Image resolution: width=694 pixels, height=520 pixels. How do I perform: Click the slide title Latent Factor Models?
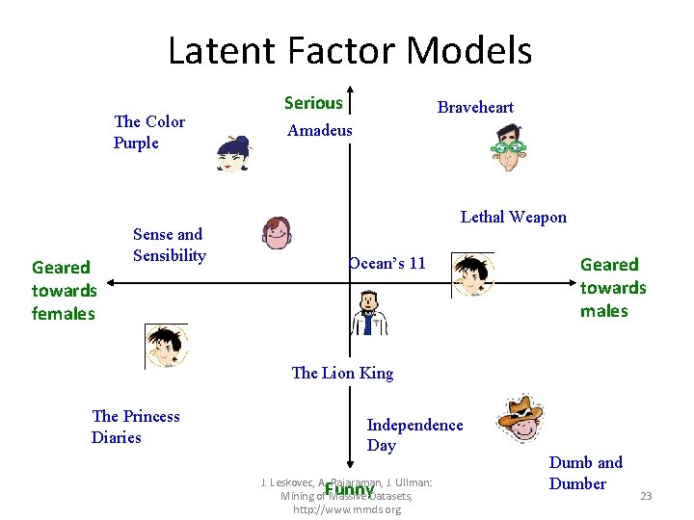pos(349,50)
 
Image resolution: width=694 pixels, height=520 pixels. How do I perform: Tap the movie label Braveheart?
pos(475,107)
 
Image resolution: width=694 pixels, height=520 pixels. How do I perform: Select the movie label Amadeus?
pos(320,130)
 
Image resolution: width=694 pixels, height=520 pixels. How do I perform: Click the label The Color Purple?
pos(148,132)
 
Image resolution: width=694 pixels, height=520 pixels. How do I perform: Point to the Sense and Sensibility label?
pos(169,245)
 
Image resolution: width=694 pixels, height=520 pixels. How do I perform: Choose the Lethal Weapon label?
pos(513,217)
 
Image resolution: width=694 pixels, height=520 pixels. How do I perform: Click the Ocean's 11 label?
pos(387,263)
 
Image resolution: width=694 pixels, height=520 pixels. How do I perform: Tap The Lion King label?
pos(342,373)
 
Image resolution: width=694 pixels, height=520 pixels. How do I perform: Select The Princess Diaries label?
pos(135,427)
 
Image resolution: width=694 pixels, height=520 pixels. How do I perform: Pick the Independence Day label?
pos(414,434)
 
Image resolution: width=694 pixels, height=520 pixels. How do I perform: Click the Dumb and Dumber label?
pos(586,473)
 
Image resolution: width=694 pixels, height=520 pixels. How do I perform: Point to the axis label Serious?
pos(313,103)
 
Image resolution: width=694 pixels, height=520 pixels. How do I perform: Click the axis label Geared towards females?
pos(64,290)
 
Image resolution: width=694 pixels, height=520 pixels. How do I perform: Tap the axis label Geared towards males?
pos(612,287)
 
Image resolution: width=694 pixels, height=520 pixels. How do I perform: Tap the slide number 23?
pos(646,496)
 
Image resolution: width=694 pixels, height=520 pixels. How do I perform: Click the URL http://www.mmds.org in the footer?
pos(347,509)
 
